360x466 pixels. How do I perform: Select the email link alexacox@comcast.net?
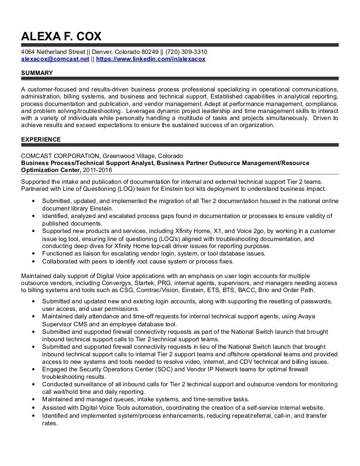point(55,60)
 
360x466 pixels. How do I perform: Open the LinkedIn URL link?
point(150,60)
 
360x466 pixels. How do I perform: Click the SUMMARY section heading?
point(37,73)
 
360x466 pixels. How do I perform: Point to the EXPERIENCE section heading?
point(41,139)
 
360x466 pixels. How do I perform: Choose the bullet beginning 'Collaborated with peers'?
point(137,261)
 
